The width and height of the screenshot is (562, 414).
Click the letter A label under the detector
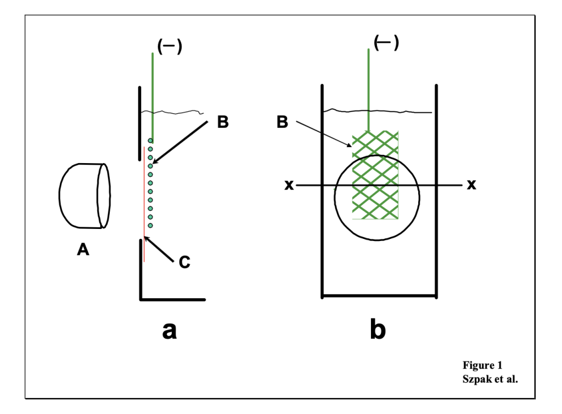82,250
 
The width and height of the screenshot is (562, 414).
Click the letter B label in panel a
222,122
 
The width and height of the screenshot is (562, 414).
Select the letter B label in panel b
282,122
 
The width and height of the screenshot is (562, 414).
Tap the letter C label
184,263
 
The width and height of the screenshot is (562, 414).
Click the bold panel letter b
378,329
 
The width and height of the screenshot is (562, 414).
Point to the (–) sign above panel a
169,47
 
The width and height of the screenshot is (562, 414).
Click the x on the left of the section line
289,186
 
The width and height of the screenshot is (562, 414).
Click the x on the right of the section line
471,184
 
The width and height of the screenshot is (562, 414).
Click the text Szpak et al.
490,378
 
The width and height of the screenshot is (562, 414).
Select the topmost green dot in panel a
150,141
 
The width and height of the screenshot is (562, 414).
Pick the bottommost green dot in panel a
150,225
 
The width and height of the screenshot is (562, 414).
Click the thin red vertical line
144,203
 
